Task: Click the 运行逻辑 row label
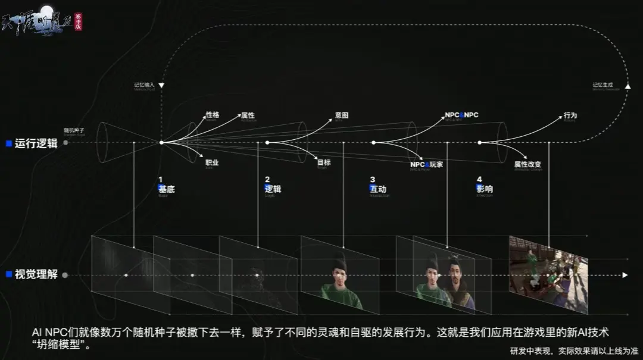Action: (36, 143)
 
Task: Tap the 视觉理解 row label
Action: (36, 275)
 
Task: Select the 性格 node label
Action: (213, 115)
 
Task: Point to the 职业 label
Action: (213, 162)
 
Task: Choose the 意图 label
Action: (342, 115)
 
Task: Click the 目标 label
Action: (324, 162)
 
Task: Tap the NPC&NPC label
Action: (461, 115)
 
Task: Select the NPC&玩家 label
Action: (426, 164)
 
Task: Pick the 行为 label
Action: (570, 115)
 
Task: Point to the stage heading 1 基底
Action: (166, 185)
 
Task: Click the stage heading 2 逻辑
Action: (273, 185)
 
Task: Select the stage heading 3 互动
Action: (377, 185)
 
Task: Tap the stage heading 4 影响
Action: (484, 185)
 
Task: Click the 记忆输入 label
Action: (144, 85)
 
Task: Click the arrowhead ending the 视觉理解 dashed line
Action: (625, 275)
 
